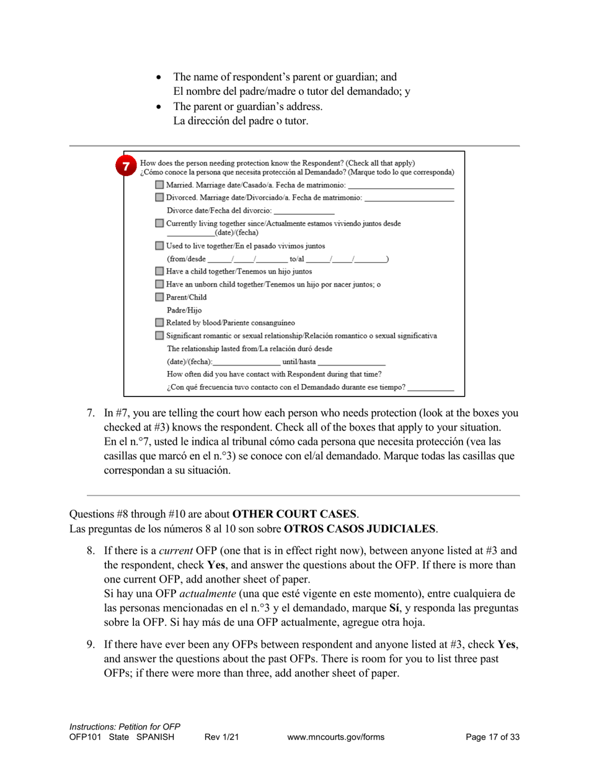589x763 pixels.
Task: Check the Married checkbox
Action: [160, 185]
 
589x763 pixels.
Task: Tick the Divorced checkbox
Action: [160, 198]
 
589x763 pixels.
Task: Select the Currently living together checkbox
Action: [160, 223]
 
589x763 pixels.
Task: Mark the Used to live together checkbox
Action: [160, 246]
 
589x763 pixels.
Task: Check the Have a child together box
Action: [160, 271]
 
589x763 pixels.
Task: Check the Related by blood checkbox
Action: [160, 323]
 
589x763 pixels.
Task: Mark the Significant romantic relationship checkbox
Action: [160, 336]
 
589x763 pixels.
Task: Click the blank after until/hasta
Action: [352, 362]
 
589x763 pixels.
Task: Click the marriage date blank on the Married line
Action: [401, 185]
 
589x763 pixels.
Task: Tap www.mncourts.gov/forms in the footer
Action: [336, 737]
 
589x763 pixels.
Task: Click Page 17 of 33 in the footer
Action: [492, 737]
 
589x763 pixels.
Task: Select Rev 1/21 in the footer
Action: [221, 737]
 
